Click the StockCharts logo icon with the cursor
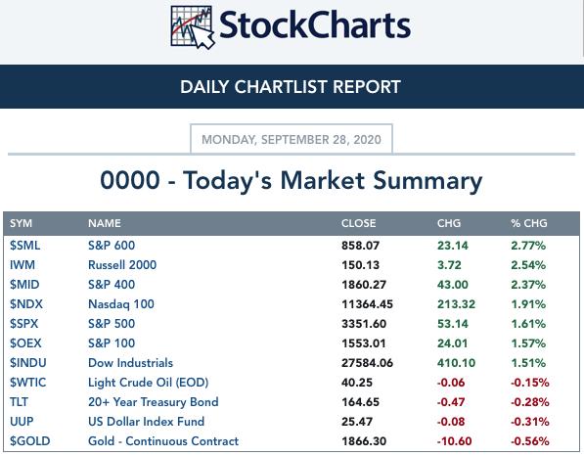193,26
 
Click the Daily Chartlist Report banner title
291,87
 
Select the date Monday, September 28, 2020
292,140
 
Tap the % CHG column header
529,223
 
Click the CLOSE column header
359,223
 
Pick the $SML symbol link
25,246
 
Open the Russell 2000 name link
122,265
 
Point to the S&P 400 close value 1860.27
364,285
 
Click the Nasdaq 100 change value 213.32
456,304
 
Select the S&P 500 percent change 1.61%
528,324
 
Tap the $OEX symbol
25,343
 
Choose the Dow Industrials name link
131,363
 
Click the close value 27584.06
367,363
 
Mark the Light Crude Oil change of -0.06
451,383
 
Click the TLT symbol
19,402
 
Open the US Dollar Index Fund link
147,422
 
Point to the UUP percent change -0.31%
530,422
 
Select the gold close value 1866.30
364,441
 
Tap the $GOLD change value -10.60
455,441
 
